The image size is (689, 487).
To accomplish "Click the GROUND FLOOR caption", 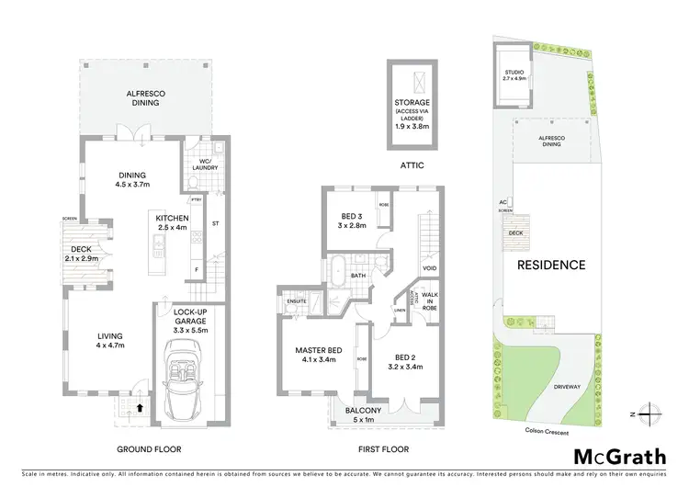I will click(x=149, y=449).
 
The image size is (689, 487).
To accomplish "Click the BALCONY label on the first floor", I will click(x=364, y=411).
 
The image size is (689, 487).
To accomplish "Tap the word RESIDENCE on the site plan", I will click(x=550, y=265).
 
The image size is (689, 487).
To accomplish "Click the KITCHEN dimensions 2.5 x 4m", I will click(x=172, y=227).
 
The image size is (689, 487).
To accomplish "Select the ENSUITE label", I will click(x=297, y=300).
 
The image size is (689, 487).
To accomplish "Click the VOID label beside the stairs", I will click(x=428, y=268).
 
